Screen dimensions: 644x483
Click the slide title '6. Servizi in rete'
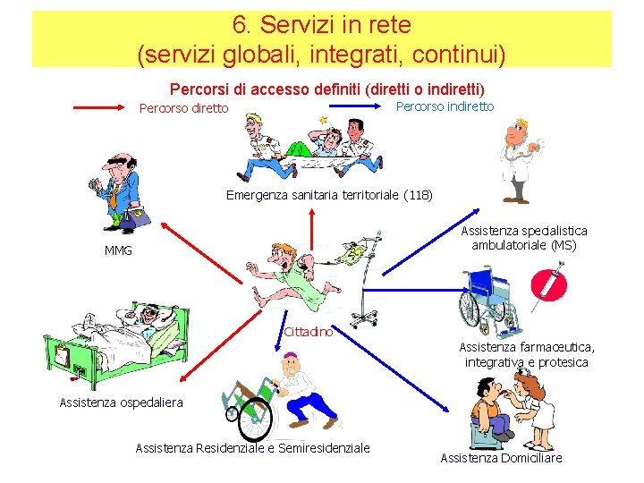click(322, 24)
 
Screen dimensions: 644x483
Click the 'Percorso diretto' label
click(184, 109)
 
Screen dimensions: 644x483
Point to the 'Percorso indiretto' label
click(444, 106)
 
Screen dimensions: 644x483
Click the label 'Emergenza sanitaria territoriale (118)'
click(329, 194)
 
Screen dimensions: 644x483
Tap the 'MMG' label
click(118, 250)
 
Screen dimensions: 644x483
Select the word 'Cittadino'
click(308, 332)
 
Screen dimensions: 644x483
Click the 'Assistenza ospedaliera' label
click(121, 402)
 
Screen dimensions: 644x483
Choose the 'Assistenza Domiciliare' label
click(501, 458)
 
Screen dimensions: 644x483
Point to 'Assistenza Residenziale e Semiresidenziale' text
click(252, 447)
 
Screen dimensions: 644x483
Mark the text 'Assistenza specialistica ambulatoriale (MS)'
click(524, 238)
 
